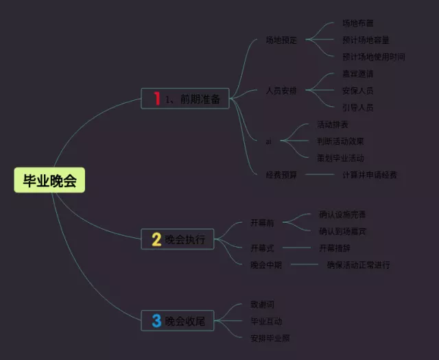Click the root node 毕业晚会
[50, 180]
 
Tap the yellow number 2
[156, 239]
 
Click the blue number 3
[156, 320]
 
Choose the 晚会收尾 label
[185, 320]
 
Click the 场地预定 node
[281, 40]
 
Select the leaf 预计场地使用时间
[373, 56]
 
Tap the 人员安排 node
[281, 91]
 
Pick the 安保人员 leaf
[357, 91]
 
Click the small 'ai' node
[268, 141]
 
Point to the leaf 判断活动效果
[340, 141]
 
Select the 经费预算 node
[281, 175]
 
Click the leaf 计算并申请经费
[369, 175]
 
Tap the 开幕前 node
[263, 223]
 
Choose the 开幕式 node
[263, 248]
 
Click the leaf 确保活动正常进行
[358, 265]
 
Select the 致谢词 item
[263, 304]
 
